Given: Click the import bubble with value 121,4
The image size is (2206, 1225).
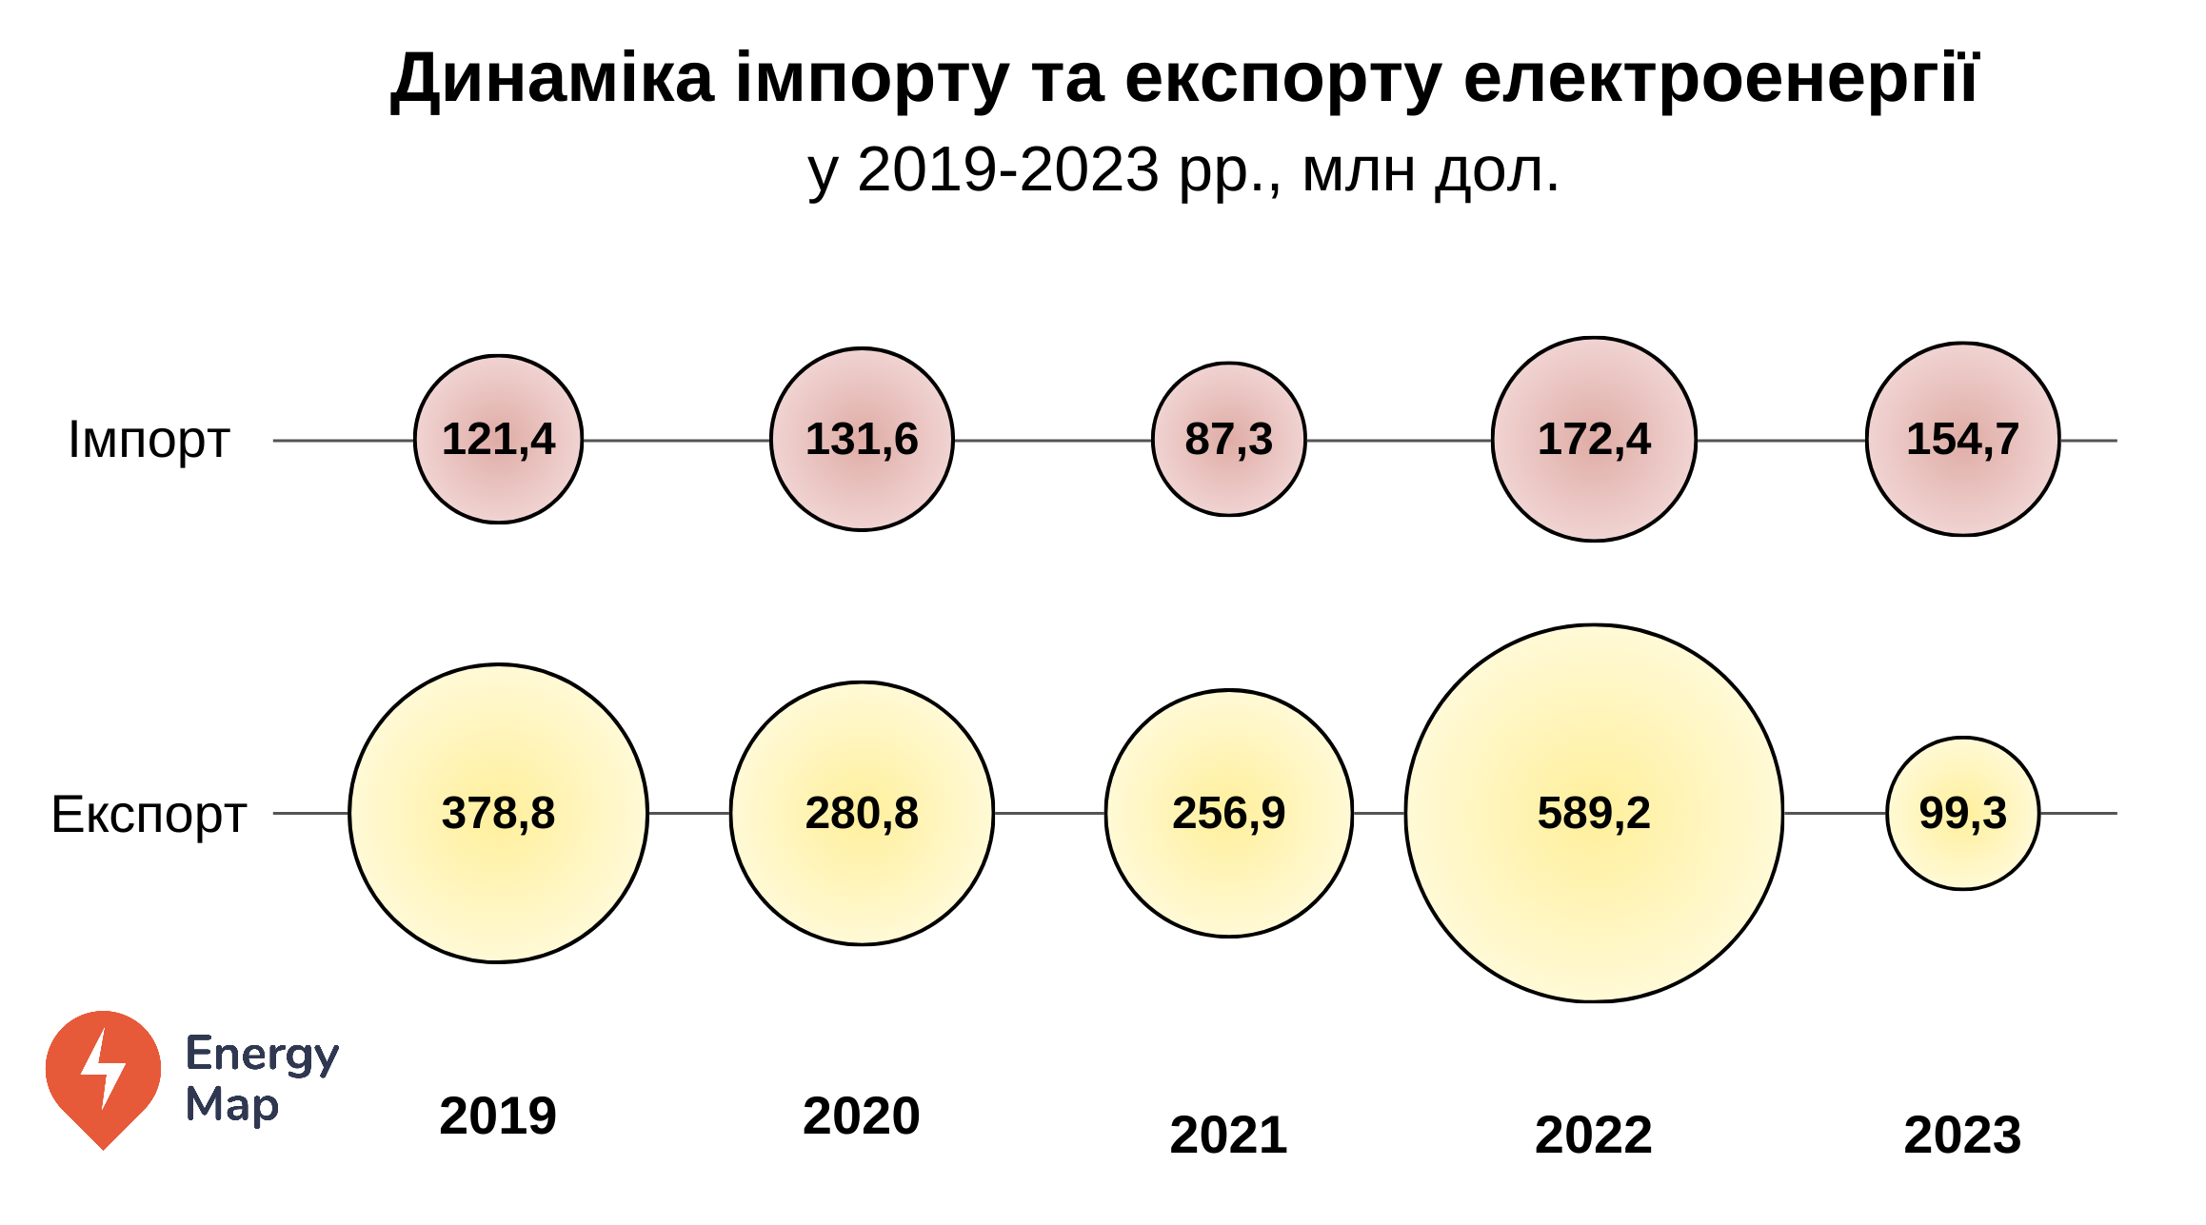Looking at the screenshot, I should (498, 440).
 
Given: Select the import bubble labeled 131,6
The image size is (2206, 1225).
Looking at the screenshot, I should (862, 440).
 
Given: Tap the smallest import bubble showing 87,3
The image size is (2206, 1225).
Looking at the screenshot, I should (1228, 440).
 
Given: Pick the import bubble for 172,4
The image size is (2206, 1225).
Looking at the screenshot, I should (1594, 440).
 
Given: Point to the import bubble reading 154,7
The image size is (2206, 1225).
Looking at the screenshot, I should (1962, 440).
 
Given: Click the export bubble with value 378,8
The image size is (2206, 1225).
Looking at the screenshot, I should (498, 814).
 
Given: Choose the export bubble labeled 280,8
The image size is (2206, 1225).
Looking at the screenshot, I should (862, 814).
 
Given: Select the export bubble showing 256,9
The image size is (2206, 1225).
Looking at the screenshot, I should (1228, 814).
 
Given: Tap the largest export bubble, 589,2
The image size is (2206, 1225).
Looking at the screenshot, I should (1594, 814).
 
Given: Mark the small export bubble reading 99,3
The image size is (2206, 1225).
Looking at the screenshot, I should (1962, 814).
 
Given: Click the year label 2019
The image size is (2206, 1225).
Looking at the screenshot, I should (498, 1116).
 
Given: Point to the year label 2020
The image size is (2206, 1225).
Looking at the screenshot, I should (862, 1116).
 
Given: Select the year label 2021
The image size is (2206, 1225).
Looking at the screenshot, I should (1228, 1135).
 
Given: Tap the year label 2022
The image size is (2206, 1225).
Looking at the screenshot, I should (1594, 1135).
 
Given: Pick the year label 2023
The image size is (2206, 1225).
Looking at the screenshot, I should (1962, 1135).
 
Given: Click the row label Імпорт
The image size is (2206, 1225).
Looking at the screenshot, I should (149, 441).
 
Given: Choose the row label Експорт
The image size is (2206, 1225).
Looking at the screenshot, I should (149, 815).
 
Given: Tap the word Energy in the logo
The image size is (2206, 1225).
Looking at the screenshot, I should (262, 1055).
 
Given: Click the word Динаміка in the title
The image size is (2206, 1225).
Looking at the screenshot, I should (552, 80).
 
